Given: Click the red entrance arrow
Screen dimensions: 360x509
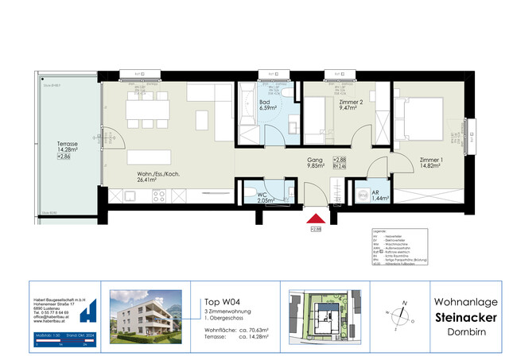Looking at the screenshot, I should tap(315, 218).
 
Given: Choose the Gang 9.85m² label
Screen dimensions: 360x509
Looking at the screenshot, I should tap(316, 164).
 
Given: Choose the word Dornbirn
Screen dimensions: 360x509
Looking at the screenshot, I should tap(467, 333).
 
